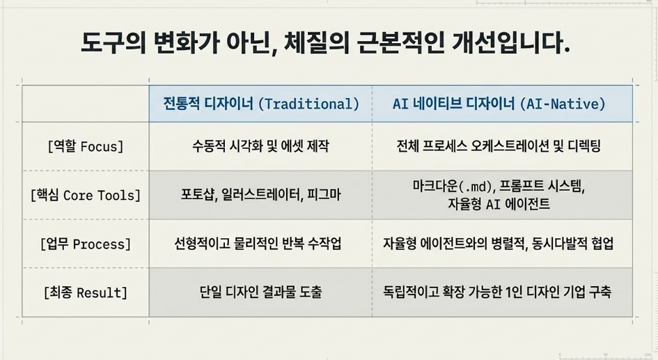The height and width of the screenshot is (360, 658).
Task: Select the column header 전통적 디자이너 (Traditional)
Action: pos(261,104)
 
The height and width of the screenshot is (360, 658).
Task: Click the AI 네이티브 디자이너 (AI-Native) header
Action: pos(499,104)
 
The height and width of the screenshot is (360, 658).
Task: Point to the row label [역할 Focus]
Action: pos(86,146)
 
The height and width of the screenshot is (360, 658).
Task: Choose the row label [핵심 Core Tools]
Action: pos(86,195)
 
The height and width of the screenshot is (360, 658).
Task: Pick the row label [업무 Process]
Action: pos(86,244)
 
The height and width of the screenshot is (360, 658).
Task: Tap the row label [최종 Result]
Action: pos(86,292)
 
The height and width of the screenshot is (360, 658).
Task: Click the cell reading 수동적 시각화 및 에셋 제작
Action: pos(260,146)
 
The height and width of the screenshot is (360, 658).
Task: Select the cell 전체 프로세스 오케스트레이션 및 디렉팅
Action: pos(499,146)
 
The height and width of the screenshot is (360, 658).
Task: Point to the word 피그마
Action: pos(324,195)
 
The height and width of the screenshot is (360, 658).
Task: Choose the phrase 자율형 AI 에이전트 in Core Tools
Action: pos(499,204)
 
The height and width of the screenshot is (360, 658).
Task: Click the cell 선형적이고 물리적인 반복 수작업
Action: pos(258,243)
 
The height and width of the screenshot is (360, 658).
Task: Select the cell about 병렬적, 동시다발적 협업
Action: pos(498,243)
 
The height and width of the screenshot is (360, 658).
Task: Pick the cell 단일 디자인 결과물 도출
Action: pos(260,292)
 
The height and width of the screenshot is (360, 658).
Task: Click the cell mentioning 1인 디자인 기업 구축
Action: pos(497,292)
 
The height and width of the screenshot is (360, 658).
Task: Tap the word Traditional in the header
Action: pos(309,104)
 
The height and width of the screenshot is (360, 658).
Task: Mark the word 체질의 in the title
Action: pos(317,44)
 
